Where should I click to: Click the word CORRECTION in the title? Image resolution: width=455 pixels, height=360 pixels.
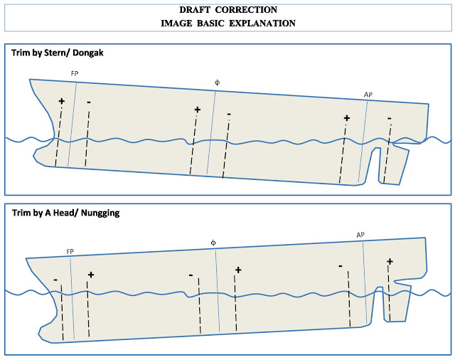(246, 9)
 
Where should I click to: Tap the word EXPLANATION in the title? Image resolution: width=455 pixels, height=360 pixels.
(262, 23)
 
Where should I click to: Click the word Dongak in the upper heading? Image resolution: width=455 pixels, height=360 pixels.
(88, 53)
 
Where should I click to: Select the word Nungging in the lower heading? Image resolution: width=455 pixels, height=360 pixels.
(100, 213)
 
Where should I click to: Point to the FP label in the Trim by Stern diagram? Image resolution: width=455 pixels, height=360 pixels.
(75, 74)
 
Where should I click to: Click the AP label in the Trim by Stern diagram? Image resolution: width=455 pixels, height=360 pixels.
(368, 95)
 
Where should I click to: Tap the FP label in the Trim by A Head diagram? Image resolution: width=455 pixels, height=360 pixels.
(70, 252)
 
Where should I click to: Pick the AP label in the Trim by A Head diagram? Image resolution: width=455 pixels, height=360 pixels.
(360, 235)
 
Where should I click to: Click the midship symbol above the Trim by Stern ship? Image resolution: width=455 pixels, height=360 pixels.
(217, 83)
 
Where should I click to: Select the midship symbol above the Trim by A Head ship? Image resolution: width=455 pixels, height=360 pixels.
(213, 243)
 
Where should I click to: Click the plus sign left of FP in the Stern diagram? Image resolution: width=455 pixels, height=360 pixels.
(62, 101)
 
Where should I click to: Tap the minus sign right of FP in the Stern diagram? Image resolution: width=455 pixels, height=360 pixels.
(89, 102)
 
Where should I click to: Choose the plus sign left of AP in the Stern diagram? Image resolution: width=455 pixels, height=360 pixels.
(347, 118)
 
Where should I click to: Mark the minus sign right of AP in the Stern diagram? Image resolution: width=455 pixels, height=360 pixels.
(390, 118)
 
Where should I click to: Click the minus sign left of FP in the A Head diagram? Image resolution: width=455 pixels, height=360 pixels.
(55, 280)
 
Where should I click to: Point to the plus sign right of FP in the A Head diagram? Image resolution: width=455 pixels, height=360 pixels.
(91, 275)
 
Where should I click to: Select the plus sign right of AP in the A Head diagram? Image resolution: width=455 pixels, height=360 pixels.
(390, 262)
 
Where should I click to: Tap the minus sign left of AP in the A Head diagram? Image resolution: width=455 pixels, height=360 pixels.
(341, 266)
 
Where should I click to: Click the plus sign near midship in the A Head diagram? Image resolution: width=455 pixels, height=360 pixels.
(238, 270)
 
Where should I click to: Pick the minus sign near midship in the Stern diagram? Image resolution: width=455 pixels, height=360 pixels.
(229, 115)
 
